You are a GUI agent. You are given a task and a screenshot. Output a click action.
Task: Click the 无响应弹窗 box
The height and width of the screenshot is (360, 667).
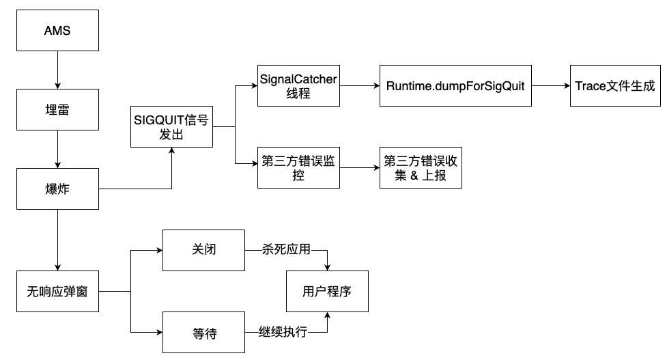[x=57, y=292]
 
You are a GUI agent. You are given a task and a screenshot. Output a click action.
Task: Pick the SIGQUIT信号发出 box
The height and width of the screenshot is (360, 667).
[x=171, y=126]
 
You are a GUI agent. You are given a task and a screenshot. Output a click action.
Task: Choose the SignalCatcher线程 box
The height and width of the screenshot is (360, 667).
[x=298, y=86]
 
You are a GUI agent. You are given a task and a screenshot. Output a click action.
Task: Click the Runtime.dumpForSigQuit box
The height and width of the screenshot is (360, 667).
[x=455, y=86]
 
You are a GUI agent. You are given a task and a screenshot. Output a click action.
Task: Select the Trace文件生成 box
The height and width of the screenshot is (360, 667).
[x=614, y=86]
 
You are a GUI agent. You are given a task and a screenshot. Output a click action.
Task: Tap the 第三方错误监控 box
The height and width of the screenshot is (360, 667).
[x=298, y=167]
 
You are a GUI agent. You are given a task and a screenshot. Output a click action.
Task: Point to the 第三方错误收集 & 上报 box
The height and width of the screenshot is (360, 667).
[x=419, y=167]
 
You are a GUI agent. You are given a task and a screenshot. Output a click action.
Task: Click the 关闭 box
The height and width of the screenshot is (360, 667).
[x=203, y=250]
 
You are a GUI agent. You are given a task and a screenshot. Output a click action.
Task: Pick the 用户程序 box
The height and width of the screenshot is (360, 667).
[x=328, y=292]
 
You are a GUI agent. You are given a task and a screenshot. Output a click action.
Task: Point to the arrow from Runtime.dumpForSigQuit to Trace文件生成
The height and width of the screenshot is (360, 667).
[x=551, y=86]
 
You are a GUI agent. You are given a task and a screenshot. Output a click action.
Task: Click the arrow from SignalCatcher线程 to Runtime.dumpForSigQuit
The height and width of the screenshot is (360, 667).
[x=359, y=86]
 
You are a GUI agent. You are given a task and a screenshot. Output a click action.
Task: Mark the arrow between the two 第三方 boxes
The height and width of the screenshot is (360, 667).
[x=359, y=167]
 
